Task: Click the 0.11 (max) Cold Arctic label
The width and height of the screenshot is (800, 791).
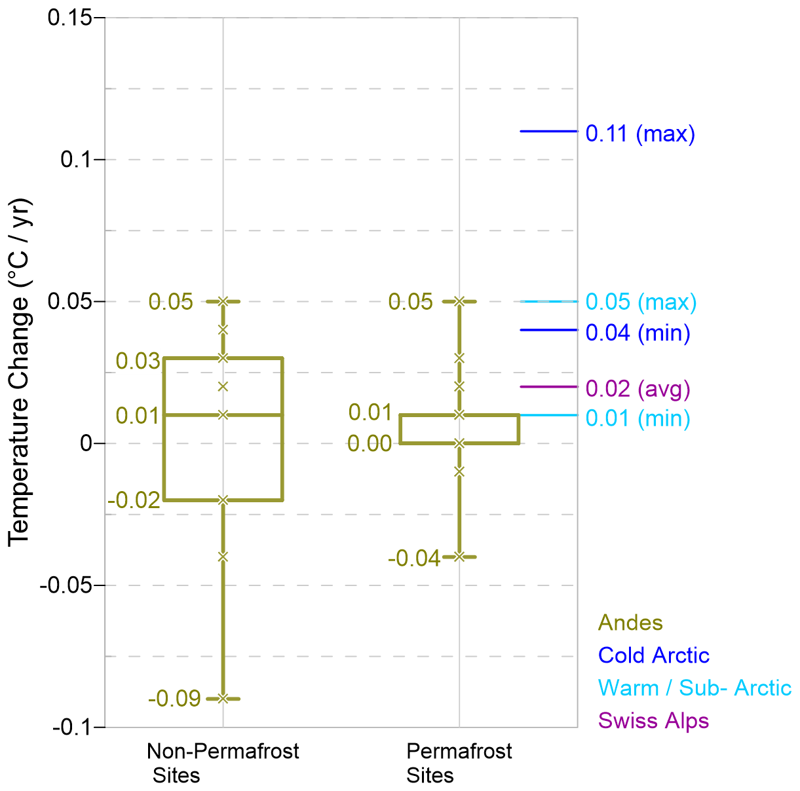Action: (x=639, y=134)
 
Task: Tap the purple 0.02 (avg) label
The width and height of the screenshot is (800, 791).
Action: (x=638, y=389)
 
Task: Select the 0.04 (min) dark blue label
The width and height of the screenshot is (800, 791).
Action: (x=638, y=333)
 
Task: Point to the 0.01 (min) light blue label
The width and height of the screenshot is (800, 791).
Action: (x=638, y=418)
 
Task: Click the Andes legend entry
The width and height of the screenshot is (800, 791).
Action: (x=630, y=623)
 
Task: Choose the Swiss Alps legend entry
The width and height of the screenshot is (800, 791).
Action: (x=653, y=721)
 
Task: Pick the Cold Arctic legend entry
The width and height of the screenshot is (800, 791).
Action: (x=653, y=655)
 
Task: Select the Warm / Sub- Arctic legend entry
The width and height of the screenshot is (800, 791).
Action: (x=695, y=688)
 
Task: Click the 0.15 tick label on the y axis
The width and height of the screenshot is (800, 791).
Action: (x=71, y=18)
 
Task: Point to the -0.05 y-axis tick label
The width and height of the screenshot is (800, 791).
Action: (x=67, y=585)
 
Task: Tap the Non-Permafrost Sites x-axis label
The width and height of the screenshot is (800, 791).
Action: (x=222, y=763)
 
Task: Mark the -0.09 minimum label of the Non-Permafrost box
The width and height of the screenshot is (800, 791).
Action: (x=174, y=699)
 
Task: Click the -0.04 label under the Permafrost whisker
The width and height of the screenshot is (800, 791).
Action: (x=414, y=559)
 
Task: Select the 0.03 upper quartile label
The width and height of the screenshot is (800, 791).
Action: (x=138, y=361)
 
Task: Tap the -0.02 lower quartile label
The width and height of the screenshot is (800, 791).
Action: (x=134, y=501)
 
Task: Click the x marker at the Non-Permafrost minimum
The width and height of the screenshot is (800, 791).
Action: (x=223, y=699)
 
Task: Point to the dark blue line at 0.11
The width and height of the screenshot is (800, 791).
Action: (x=548, y=132)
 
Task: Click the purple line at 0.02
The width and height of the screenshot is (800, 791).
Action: (x=548, y=387)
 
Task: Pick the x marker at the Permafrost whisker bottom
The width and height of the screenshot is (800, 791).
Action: (x=459, y=557)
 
